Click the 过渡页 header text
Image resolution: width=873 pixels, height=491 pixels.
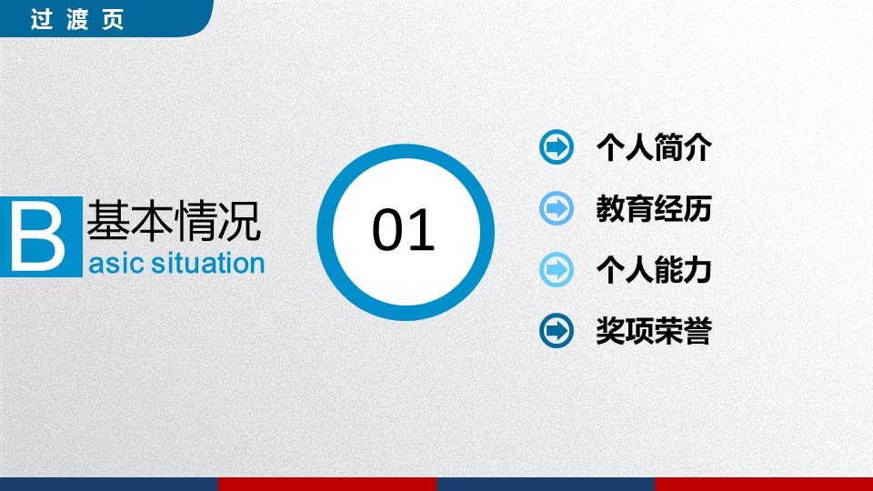[x=76, y=19]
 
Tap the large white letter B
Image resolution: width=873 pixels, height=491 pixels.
[x=38, y=237]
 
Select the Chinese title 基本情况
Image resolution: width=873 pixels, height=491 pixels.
[x=174, y=221]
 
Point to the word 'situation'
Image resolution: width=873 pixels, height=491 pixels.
[x=207, y=264]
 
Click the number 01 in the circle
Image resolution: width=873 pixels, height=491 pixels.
[x=403, y=230]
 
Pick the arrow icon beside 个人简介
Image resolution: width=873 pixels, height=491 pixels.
[x=557, y=147]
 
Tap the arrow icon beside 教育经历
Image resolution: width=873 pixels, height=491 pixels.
[x=557, y=208]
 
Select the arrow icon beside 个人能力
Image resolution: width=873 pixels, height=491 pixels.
[x=557, y=269]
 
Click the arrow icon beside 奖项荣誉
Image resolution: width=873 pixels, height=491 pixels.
[x=557, y=331]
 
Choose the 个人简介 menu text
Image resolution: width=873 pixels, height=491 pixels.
[x=654, y=147]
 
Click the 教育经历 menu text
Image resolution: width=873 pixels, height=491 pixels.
[x=654, y=209]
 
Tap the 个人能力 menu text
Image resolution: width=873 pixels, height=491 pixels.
[x=654, y=270]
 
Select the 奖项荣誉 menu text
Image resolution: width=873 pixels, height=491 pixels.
[x=654, y=331]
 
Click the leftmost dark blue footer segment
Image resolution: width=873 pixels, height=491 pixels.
[x=109, y=485]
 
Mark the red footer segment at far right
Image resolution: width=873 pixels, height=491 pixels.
[x=764, y=485]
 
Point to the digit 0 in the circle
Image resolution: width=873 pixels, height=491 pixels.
[x=387, y=230]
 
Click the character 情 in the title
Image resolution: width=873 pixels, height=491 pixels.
[x=196, y=221]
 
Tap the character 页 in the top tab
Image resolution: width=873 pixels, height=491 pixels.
[x=113, y=19]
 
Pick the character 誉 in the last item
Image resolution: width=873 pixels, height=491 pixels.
[x=697, y=331]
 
